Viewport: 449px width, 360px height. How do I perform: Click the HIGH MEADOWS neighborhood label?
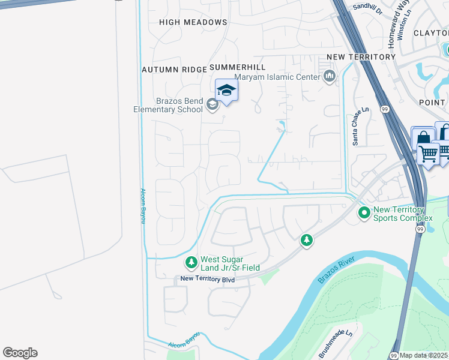(193, 22)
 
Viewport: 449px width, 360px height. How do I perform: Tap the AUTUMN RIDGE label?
(174, 70)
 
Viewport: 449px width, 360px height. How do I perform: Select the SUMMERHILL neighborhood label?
(237, 67)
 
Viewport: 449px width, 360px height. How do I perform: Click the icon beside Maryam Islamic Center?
(329, 76)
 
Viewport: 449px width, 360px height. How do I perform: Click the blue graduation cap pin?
(226, 91)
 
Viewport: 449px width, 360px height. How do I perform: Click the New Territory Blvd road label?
(208, 279)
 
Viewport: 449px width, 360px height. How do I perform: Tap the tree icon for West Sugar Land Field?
(191, 262)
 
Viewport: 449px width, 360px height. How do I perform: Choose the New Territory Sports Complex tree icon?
(364, 213)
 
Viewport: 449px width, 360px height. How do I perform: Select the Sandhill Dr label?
(368, 6)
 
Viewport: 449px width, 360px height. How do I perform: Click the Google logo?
(20, 353)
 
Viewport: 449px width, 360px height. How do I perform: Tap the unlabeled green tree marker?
(307, 240)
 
